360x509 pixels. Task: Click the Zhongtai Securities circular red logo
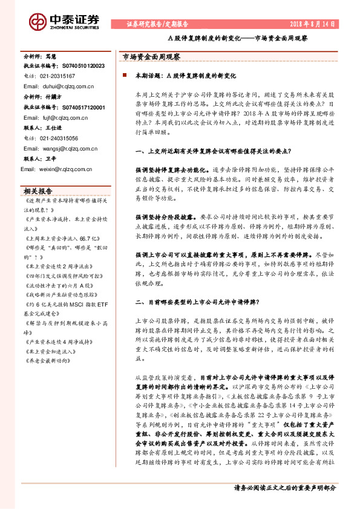(39, 23)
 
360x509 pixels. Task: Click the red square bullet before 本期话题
(125, 77)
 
